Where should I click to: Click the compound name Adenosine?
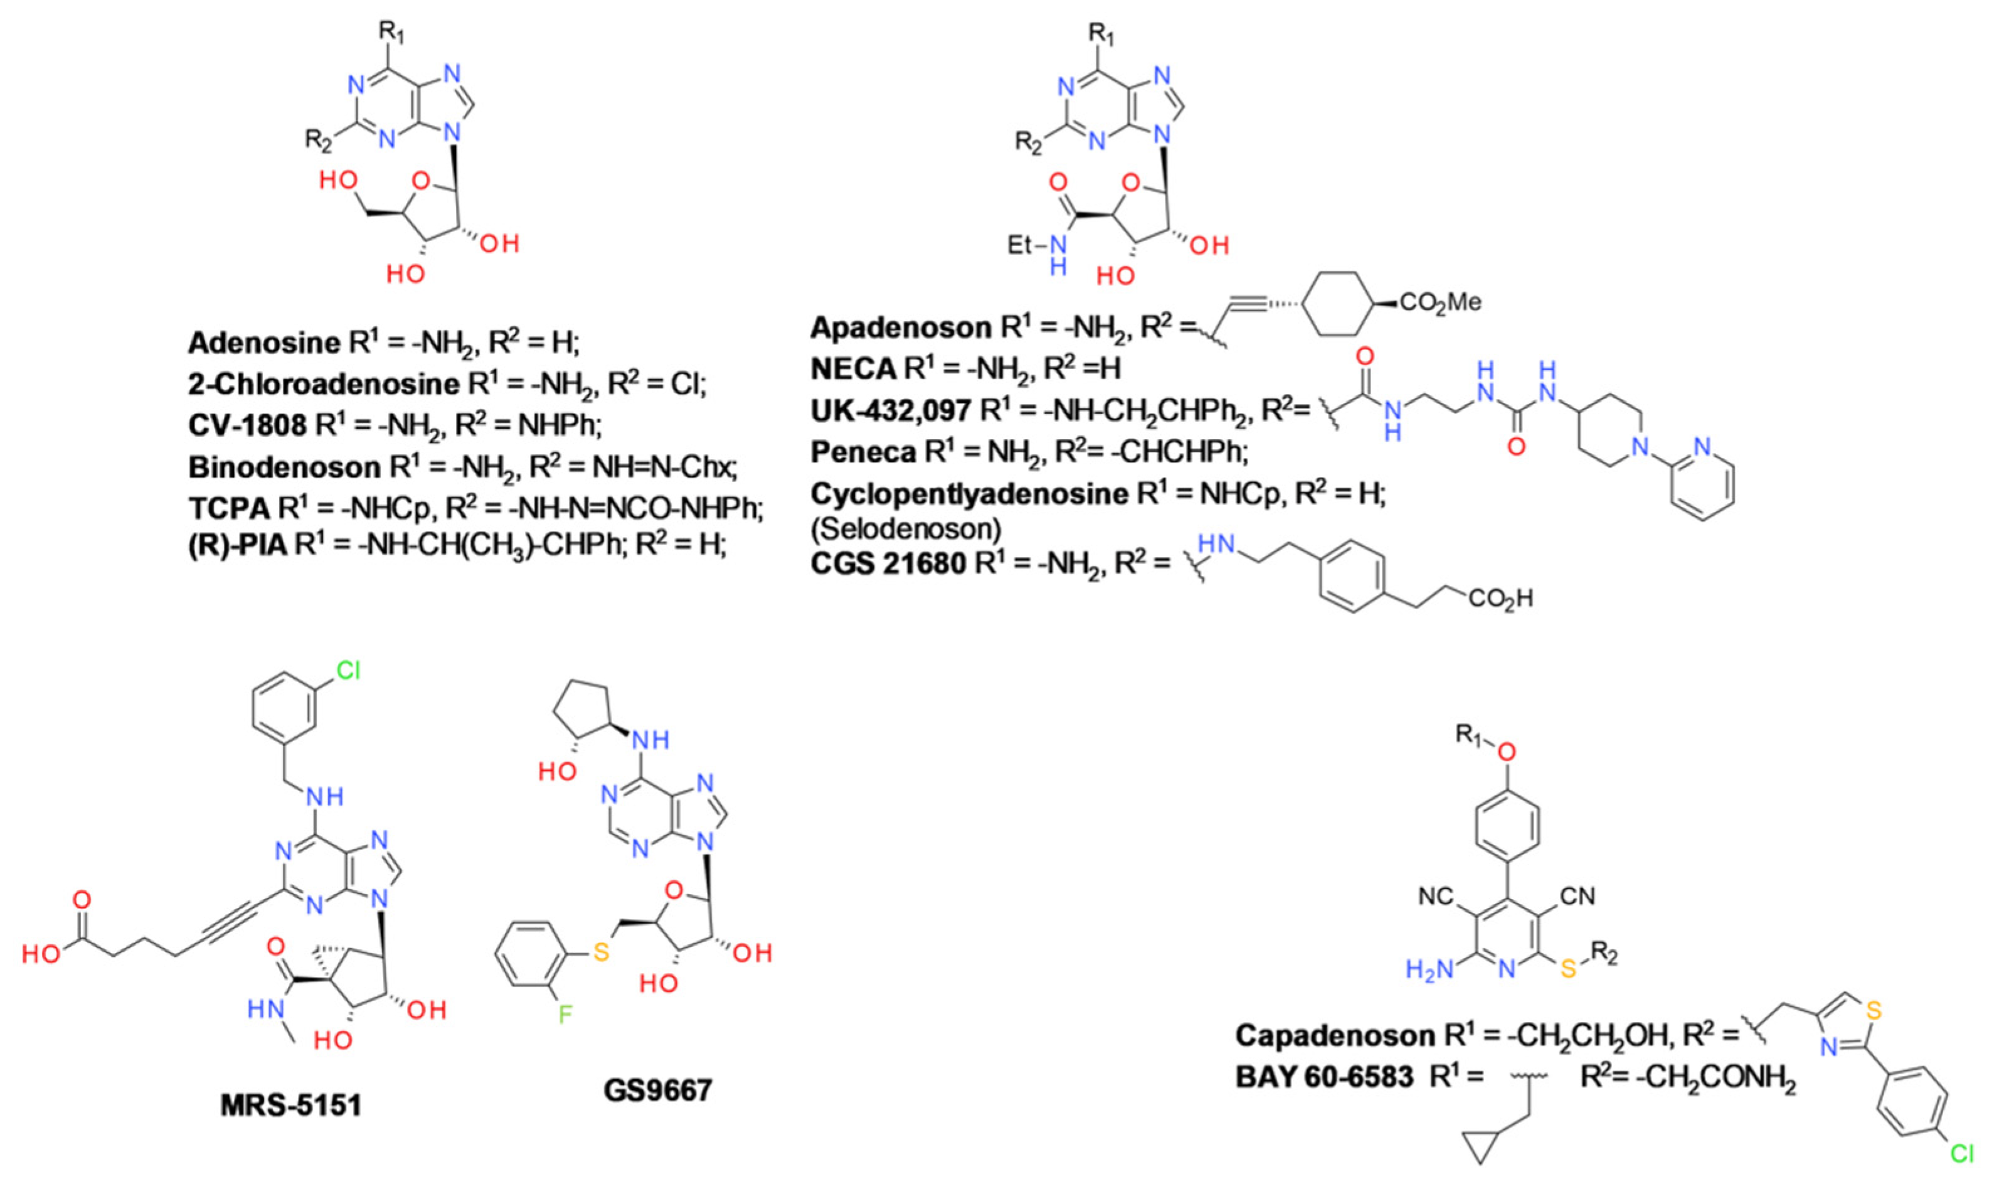click(263, 343)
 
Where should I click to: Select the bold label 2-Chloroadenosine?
click(324, 384)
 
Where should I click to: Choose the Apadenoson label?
click(901, 327)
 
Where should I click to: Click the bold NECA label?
click(853, 368)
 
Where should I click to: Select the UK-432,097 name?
click(891, 411)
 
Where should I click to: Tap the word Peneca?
click(863, 452)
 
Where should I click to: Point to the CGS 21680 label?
click(888, 563)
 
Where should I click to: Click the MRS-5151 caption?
click(290, 1105)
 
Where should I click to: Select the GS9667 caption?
click(657, 1090)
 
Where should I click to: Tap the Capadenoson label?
click(1335, 1035)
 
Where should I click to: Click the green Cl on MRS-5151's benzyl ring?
click(347, 670)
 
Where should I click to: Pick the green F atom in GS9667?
click(565, 1015)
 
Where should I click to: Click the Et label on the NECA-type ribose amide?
click(1021, 244)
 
